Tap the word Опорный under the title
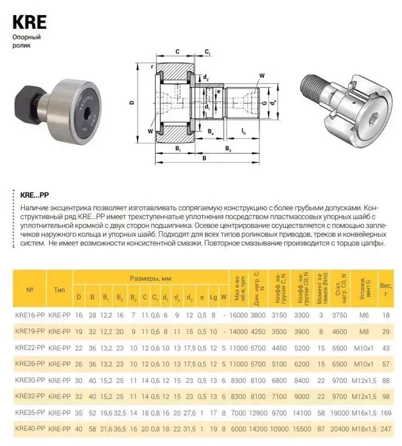pos(27,37)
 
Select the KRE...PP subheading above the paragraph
pos(34,194)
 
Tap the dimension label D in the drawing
pos(131,103)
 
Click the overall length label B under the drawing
pos(204,158)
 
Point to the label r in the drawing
pos(152,66)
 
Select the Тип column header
pos(59,289)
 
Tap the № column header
pos(29,289)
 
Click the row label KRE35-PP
pos(29,413)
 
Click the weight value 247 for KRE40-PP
pos(386,429)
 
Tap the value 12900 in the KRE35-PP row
pos(257,413)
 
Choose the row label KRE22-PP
pos(29,347)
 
